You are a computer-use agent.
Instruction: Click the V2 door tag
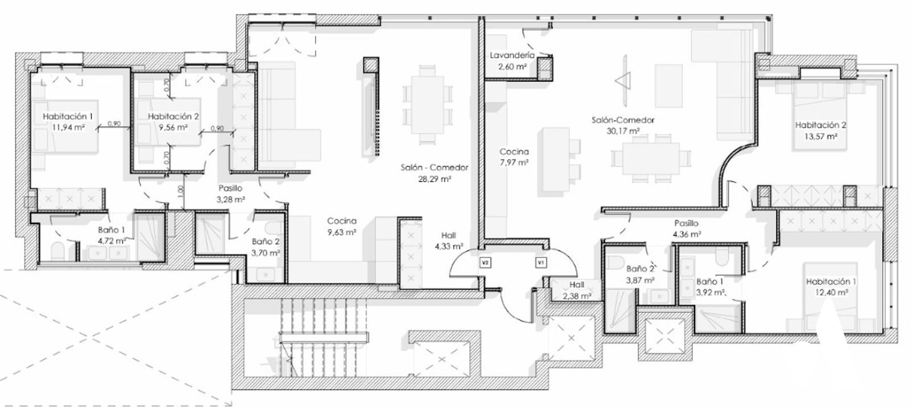485,262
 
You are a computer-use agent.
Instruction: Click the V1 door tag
541,262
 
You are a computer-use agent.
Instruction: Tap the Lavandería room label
512,55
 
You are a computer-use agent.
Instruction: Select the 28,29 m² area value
435,178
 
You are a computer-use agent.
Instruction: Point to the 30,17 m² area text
623,131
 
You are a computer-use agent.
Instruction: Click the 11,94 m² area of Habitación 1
68,127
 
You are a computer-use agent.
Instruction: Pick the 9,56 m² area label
173,127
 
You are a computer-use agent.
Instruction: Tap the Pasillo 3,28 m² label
231,194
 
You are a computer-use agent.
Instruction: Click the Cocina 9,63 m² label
342,227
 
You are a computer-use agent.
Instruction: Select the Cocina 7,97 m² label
514,157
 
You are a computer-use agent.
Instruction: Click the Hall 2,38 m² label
577,290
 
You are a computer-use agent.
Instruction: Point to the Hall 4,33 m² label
449,241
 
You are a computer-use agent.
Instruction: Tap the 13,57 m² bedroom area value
820,137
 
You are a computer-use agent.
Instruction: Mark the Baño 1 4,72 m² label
112,236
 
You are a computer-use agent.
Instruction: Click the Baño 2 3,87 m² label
640,274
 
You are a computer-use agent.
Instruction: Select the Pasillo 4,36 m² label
686,228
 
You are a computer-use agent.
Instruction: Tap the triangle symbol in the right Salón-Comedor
623,81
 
